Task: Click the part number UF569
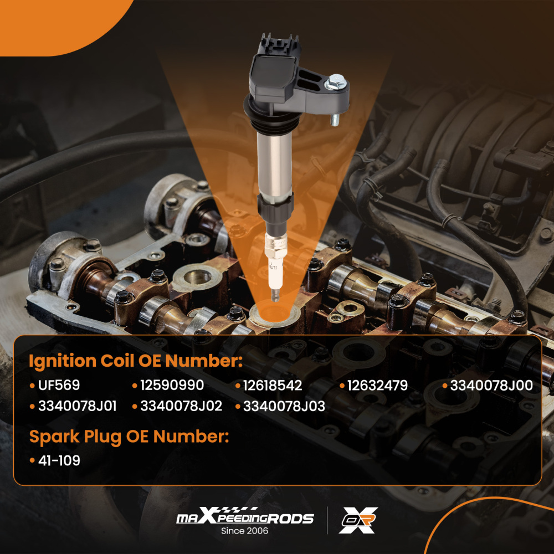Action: pos(59,386)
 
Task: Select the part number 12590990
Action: pos(172,386)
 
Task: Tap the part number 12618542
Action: pos(273,386)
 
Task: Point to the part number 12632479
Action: pos(378,386)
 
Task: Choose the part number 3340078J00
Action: pos(491,386)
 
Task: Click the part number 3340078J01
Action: pos(77,406)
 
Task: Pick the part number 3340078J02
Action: pos(181,406)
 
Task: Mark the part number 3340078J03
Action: pos(284,406)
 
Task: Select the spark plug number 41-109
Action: pos(59,460)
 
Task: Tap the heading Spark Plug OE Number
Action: pos(129,437)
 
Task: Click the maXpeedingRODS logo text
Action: pos(245,518)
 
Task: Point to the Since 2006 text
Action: pos(244,531)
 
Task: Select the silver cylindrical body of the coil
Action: pos(274,161)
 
